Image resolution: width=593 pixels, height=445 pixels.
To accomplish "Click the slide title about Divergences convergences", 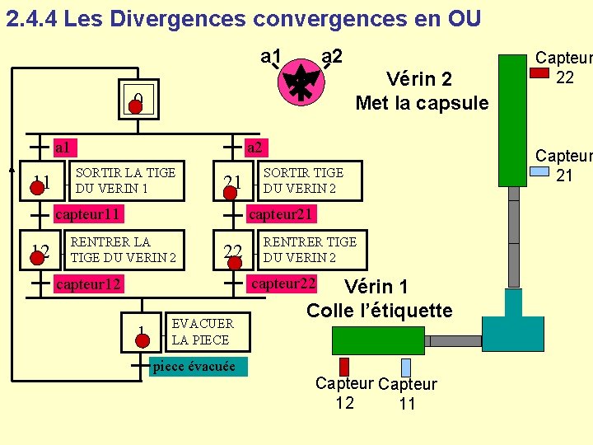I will pyautogui.click(x=243, y=18).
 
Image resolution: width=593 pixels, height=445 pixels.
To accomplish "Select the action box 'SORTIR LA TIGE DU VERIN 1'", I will pyautogui.click(x=124, y=180).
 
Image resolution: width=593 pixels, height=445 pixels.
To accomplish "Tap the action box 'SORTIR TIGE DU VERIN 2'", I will pyautogui.click(x=302, y=180).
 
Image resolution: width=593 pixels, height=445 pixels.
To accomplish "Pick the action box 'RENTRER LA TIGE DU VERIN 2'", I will pyautogui.click(x=123, y=249).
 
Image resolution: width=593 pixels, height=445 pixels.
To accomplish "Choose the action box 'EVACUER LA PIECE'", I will pyautogui.click(x=202, y=331).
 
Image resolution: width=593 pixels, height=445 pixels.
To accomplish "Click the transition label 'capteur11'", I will pyautogui.click(x=87, y=214).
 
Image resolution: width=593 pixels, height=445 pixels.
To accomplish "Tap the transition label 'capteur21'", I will pyautogui.click(x=281, y=214).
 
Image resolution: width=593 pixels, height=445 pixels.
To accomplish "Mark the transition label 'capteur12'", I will pyautogui.click(x=87, y=284).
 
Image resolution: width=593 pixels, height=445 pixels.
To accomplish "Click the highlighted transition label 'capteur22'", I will pyautogui.click(x=283, y=283).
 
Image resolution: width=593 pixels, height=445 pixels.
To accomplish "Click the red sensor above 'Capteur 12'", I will pyautogui.click(x=344, y=367).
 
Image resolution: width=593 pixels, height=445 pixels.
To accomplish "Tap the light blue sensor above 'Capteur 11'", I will pyautogui.click(x=406, y=367).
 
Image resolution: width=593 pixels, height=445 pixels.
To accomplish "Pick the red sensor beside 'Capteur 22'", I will pyautogui.click(x=539, y=73).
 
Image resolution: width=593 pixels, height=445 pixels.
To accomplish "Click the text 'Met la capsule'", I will pyautogui.click(x=422, y=103).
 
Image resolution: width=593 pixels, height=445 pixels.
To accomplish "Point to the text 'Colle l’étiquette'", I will pyautogui.click(x=379, y=311).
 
